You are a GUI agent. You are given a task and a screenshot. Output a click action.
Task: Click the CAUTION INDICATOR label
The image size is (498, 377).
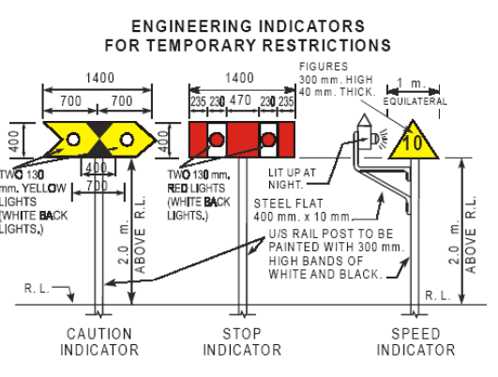tap(99, 342)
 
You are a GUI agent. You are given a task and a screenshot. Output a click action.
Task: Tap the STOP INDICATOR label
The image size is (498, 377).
tap(241, 342)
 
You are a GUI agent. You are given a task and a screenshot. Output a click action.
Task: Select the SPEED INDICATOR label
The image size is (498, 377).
tap(415, 342)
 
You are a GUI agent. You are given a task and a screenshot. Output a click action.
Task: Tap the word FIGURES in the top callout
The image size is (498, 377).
tap(320, 67)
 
